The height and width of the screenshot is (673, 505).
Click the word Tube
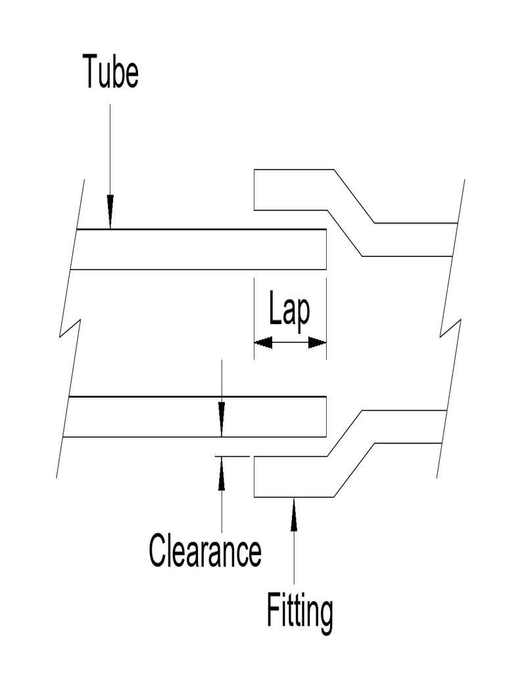[x=110, y=72]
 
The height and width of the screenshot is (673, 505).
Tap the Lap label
[x=289, y=310]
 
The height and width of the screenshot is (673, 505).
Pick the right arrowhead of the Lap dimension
[x=318, y=342]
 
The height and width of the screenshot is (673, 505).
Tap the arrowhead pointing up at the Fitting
[x=293, y=514]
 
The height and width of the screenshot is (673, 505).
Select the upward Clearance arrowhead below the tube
[x=222, y=472]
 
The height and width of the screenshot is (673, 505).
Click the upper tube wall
[x=197, y=249]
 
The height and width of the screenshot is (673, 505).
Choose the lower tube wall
[x=197, y=417]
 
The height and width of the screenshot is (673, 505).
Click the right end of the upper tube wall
[x=325, y=249]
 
